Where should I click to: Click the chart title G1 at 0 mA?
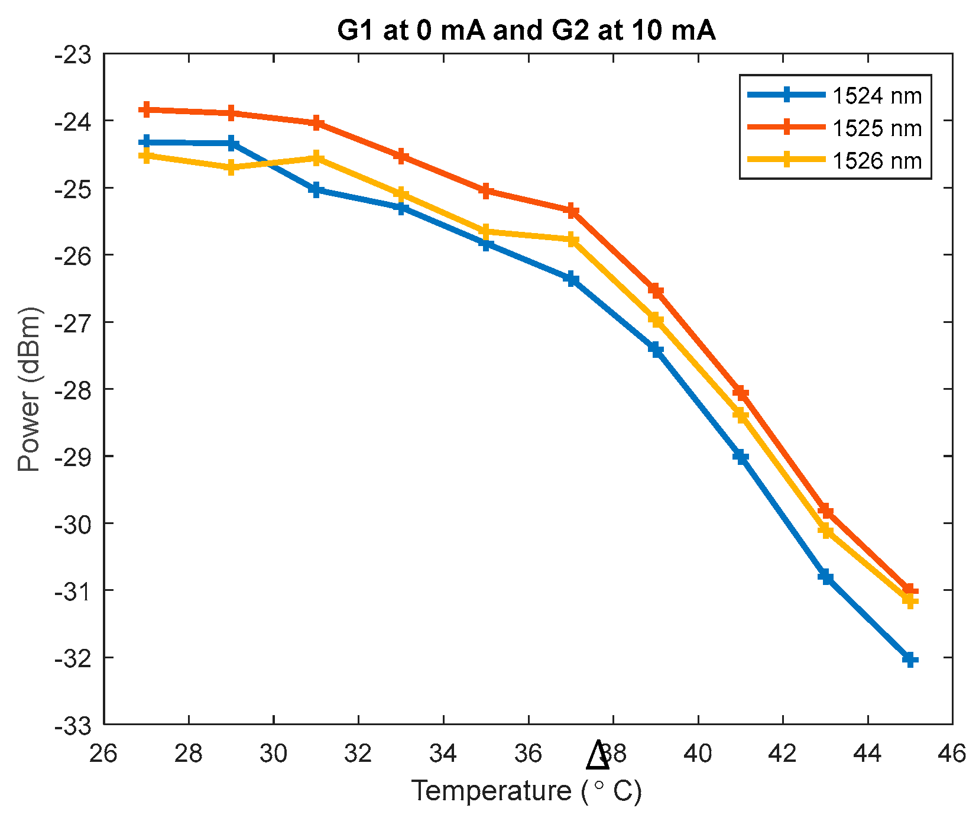click(x=526, y=30)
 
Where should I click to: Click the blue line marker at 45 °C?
click(x=910, y=659)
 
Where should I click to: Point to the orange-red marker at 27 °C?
click(x=146, y=109)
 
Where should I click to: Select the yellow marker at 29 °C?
click(x=231, y=168)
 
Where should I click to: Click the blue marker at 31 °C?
click(x=316, y=190)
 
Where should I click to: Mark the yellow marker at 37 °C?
click(x=572, y=240)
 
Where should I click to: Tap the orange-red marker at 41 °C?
click(x=741, y=393)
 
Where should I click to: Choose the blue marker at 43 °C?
click(x=826, y=577)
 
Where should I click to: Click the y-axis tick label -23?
click(x=73, y=56)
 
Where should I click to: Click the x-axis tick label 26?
click(x=103, y=754)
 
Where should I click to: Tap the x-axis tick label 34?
click(x=443, y=754)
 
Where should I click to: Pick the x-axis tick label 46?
click(x=952, y=754)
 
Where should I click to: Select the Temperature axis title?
click(x=526, y=791)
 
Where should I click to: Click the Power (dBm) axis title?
click(x=28, y=389)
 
